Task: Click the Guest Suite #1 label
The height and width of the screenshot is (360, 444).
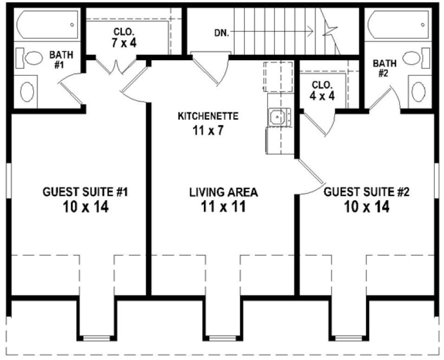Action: tap(85, 192)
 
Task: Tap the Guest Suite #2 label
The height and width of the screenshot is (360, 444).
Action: tap(366, 192)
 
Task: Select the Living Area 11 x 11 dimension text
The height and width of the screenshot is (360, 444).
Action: tap(223, 207)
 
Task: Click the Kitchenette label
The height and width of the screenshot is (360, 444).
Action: tap(208, 116)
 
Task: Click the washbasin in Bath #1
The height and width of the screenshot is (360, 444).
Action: tap(27, 91)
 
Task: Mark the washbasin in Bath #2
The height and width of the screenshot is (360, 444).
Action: tap(419, 92)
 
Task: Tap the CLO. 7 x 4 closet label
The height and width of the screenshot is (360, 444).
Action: tap(124, 38)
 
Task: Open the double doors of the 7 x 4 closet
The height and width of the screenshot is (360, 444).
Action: tap(118, 66)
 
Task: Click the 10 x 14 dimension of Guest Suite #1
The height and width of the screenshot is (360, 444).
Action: tap(85, 207)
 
